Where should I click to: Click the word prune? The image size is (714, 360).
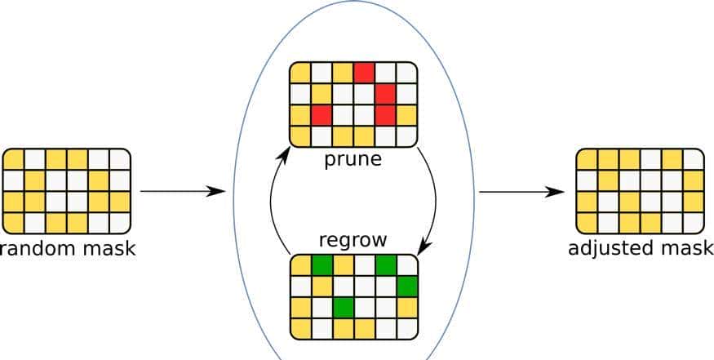click(x=353, y=158)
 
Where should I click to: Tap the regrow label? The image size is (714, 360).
click(x=353, y=242)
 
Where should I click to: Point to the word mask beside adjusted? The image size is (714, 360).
click(x=684, y=247)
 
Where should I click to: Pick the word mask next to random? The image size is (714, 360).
click(x=106, y=247)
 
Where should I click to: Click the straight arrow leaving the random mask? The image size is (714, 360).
click(x=182, y=191)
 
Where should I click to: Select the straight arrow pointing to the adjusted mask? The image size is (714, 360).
click(x=521, y=192)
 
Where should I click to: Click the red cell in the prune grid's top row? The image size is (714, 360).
click(x=364, y=73)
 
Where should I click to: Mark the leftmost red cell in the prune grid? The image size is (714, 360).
click(x=322, y=115)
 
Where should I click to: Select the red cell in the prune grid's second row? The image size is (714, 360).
click(x=385, y=94)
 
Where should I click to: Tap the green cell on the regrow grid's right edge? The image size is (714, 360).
click(x=406, y=287)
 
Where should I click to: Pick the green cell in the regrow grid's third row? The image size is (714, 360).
click(x=343, y=308)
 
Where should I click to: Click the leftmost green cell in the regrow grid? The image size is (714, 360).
click(x=322, y=265)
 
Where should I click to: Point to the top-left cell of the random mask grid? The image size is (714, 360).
click(x=14, y=158)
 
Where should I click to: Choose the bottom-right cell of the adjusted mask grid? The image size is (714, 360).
click(x=693, y=222)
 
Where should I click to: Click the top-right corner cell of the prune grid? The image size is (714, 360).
click(x=406, y=73)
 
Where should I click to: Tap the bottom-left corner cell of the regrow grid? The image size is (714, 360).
click(x=300, y=328)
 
